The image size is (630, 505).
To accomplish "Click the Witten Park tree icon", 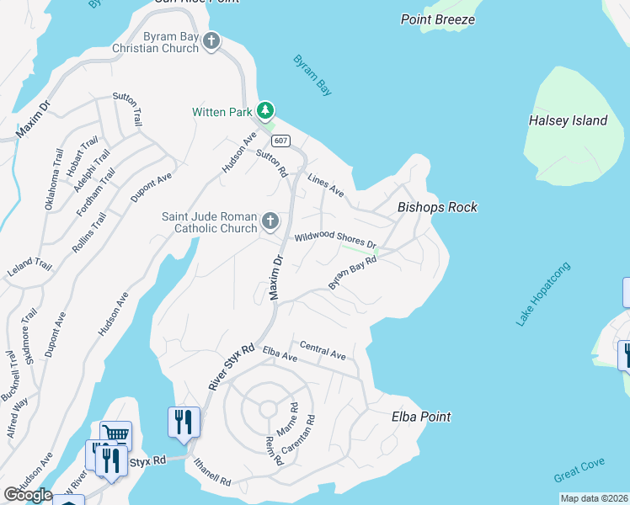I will (265, 110).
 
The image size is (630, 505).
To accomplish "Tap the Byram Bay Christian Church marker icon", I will (211, 40).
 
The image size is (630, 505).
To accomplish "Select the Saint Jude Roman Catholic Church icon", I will (270, 221).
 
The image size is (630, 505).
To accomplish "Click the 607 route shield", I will (282, 141).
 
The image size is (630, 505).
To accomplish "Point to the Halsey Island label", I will (568, 120).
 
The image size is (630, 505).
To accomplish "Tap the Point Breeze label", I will (438, 19).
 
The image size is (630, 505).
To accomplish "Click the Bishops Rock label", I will (437, 207).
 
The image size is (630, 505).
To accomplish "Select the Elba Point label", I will (421, 417).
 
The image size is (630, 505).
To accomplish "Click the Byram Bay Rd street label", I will (351, 274).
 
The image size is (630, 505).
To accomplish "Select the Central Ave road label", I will (323, 351).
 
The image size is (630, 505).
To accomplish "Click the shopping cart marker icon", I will (116, 434).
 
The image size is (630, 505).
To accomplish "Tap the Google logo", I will (28, 495).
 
